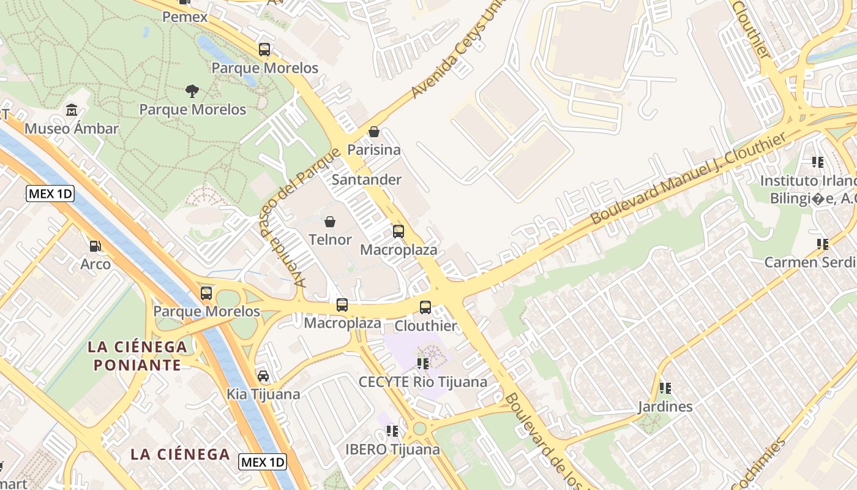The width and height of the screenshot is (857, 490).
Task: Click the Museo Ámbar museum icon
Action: (x=72, y=110)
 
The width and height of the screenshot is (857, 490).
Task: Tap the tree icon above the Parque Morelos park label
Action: (x=192, y=91)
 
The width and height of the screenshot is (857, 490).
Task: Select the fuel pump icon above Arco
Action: (x=95, y=246)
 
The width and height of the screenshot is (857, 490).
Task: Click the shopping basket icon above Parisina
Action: (x=374, y=132)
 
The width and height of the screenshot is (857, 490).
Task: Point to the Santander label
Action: (x=366, y=179)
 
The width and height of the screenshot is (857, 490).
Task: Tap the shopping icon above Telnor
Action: (x=330, y=221)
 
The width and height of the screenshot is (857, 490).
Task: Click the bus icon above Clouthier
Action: (x=425, y=307)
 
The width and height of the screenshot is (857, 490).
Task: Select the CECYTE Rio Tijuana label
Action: (x=423, y=382)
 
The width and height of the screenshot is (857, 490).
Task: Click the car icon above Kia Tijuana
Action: (x=263, y=376)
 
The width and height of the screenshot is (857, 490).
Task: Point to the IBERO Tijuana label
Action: (x=392, y=450)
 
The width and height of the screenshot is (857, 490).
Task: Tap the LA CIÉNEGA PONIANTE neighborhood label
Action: (x=137, y=356)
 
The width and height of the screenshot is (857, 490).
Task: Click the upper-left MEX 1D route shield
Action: (x=50, y=194)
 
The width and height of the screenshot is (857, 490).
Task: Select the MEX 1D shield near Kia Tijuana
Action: (x=263, y=462)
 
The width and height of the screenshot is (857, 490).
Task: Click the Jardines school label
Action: (x=665, y=407)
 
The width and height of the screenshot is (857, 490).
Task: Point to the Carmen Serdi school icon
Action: (x=822, y=244)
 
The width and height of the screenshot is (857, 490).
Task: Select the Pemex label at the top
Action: (x=185, y=17)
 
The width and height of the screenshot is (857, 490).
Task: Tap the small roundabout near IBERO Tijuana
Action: (x=419, y=428)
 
